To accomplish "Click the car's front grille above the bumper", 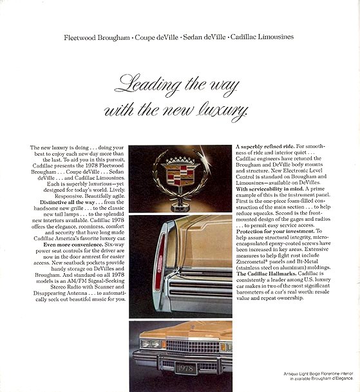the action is pyautogui.click(x=193, y=348).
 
